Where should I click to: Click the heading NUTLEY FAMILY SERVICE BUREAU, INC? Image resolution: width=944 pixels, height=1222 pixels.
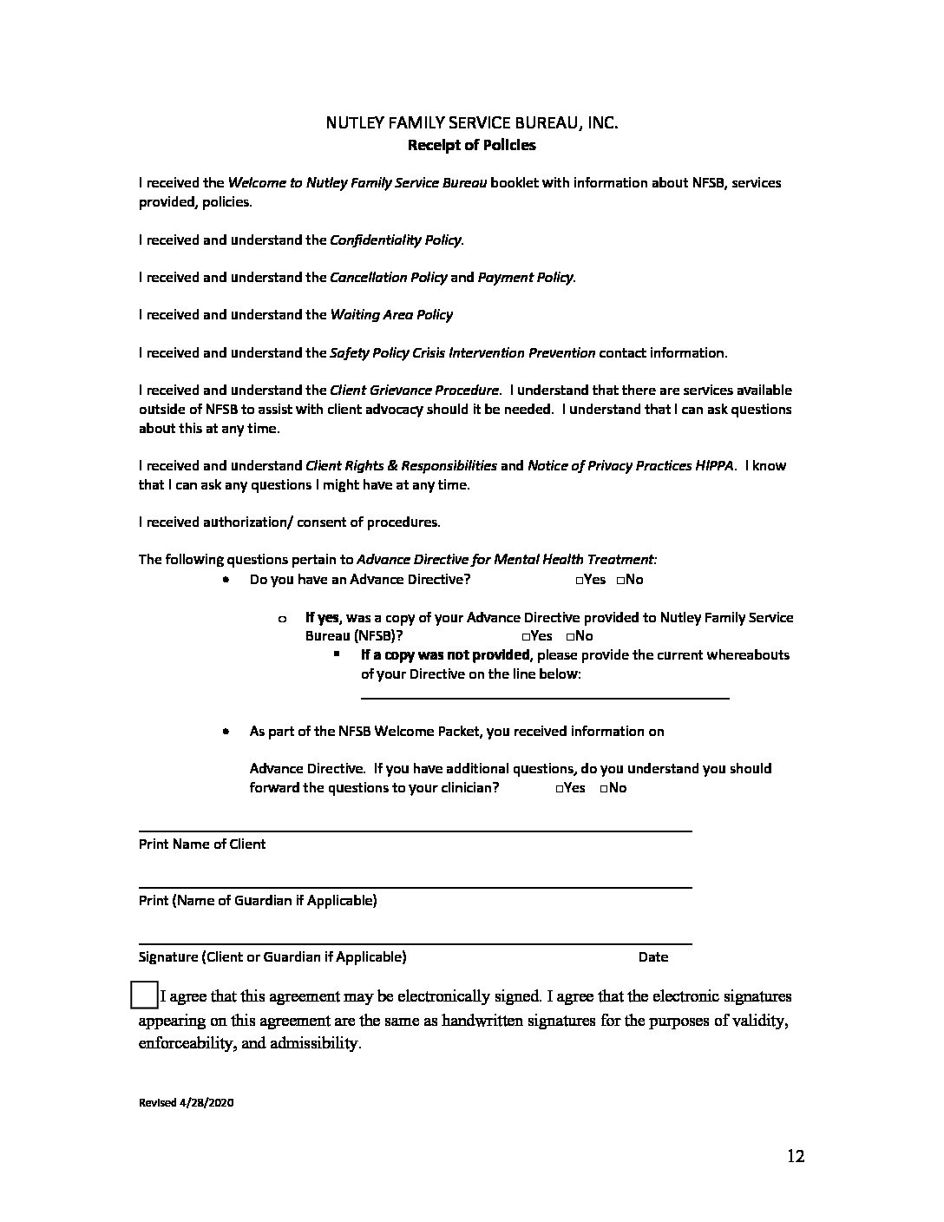pyautogui.click(x=471, y=123)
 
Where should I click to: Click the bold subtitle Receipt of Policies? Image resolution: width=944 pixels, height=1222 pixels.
pyautogui.click(x=471, y=145)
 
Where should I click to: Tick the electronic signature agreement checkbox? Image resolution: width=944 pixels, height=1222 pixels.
pyautogui.click(x=143, y=995)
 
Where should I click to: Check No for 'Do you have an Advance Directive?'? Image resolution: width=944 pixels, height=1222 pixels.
pyautogui.click(x=620, y=580)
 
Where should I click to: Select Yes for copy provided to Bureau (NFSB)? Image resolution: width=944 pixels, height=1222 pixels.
pyautogui.click(x=526, y=636)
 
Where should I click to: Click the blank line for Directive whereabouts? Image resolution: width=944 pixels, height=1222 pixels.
pyautogui.click(x=544, y=695)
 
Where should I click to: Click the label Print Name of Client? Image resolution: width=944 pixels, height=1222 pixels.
pyautogui.click(x=202, y=844)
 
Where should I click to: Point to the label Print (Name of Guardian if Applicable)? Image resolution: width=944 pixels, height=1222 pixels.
pyautogui.click(x=258, y=900)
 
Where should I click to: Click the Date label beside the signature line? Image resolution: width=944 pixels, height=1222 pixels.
pyautogui.click(x=652, y=956)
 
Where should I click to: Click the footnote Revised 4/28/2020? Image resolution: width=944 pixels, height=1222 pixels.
pyautogui.click(x=187, y=1103)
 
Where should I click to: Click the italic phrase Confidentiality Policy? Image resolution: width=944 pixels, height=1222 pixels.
pyautogui.click(x=396, y=240)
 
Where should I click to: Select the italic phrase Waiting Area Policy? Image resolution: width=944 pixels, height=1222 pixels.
pyautogui.click(x=391, y=314)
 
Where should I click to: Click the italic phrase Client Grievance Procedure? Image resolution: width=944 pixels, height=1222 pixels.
pyautogui.click(x=414, y=391)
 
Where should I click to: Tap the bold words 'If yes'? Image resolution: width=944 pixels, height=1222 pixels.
pyautogui.click(x=322, y=618)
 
